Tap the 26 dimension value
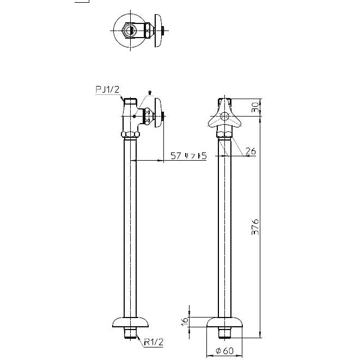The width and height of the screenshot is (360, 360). click(250, 151)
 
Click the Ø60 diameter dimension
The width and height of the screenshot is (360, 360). click(224, 351)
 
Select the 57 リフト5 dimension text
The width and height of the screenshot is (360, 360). click(188, 156)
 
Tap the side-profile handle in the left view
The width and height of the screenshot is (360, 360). click(157, 115)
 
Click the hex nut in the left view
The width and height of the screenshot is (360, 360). click(131, 134)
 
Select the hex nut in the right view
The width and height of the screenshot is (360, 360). click(225, 133)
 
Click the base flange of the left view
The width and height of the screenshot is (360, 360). click(131, 322)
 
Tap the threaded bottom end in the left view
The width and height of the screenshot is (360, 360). click(131, 332)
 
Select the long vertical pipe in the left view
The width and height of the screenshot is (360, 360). click(131, 229)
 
